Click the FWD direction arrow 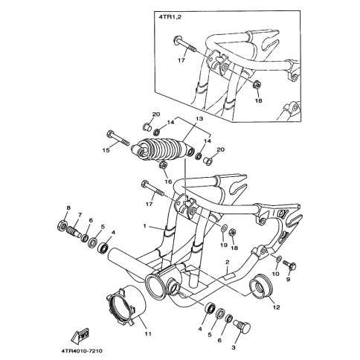pyautogui.click(x=80, y=335)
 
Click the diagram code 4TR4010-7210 pyautogui.click(x=81, y=351)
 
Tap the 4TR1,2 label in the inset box pyautogui.click(x=167, y=17)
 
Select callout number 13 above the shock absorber pyautogui.click(x=199, y=119)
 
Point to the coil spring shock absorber pyautogui.click(x=161, y=150)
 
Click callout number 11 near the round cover pyautogui.click(x=148, y=334)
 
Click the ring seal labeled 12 pyautogui.click(x=261, y=287)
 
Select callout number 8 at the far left pyautogui.click(x=68, y=208)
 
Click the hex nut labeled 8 pyautogui.click(x=61, y=225)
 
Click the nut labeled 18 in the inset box pyautogui.click(x=257, y=85)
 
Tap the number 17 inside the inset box pyautogui.click(x=181, y=60)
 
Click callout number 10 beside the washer pyautogui.click(x=275, y=274)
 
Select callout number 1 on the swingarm pyautogui.click(x=145, y=226)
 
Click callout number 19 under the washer pyautogui.click(x=224, y=245)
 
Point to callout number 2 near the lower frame pyautogui.click(x=228, y=262)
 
